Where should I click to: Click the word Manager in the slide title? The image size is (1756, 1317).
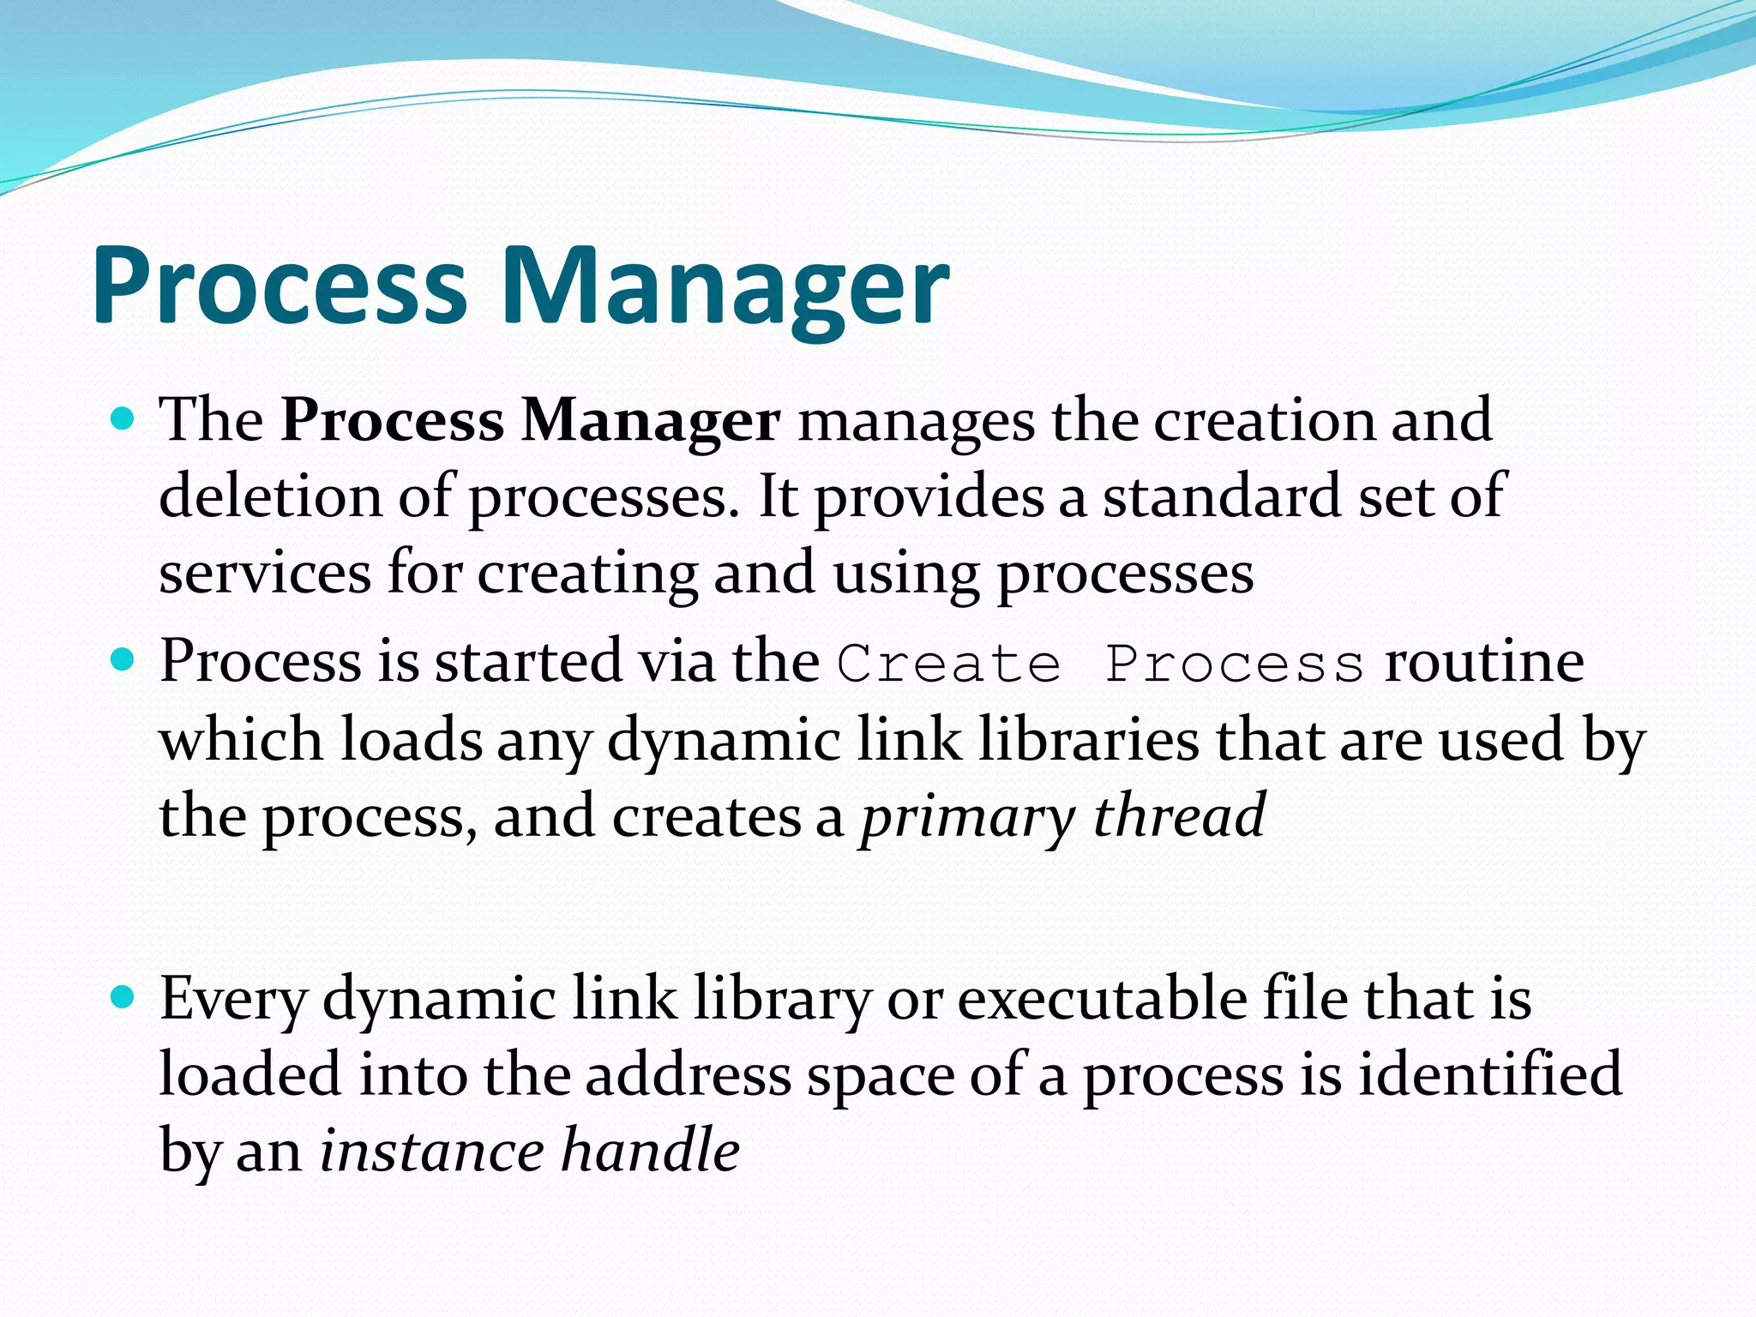coord(725,287)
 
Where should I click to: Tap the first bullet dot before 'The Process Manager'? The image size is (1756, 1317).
coord(123,419)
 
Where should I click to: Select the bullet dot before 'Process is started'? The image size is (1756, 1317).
coord(123,660)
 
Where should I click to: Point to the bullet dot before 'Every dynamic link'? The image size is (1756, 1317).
coord(123,997)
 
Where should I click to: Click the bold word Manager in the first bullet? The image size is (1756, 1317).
coord(651,422)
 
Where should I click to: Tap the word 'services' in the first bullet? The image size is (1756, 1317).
coord(265,574)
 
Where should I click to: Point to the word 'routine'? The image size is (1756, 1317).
coord(1484,663)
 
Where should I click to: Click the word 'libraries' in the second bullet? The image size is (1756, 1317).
coord(1089,739)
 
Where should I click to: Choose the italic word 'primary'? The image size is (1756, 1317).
coord(967,817)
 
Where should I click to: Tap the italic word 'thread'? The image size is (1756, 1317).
coord(1180,815)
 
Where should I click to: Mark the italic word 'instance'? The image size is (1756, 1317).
coord(432,1151)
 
